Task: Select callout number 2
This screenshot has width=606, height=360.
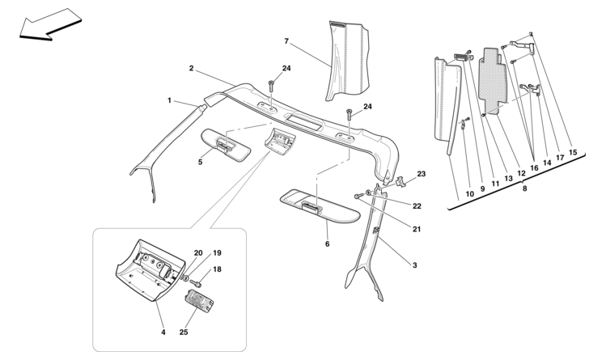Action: pyautogui.click(x=191, y=70)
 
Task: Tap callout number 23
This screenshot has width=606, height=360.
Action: pyautogui.click(x=421, y=174)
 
